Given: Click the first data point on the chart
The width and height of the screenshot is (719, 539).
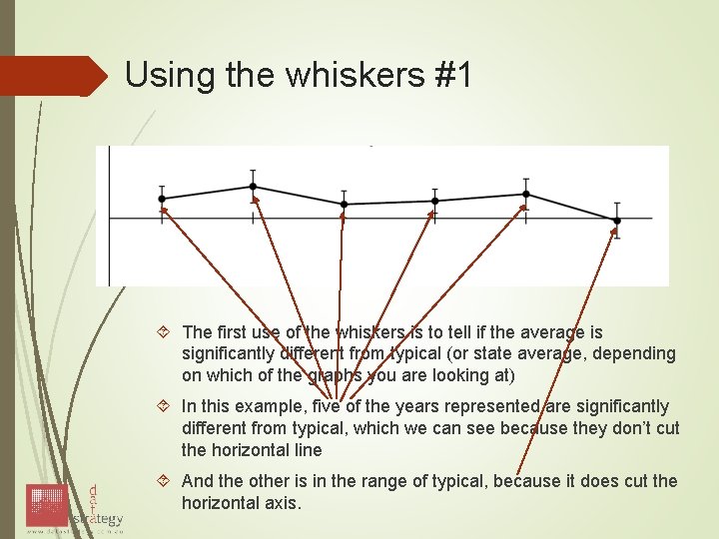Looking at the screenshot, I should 163,199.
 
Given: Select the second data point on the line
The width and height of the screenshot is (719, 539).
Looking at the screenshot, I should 254,187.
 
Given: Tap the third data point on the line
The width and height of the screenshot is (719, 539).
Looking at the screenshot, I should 344,204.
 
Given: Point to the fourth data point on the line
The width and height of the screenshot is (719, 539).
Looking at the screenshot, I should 434,201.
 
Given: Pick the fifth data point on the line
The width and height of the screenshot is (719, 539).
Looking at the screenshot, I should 526,195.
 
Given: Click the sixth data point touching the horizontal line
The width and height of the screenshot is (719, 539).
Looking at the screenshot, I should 616,220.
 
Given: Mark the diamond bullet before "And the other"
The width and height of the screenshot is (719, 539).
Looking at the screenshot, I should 167,481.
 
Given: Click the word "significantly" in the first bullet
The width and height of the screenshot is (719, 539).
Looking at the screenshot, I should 228,353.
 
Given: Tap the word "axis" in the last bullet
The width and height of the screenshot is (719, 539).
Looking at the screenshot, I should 281,502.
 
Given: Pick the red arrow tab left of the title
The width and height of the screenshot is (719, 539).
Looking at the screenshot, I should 55,76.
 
